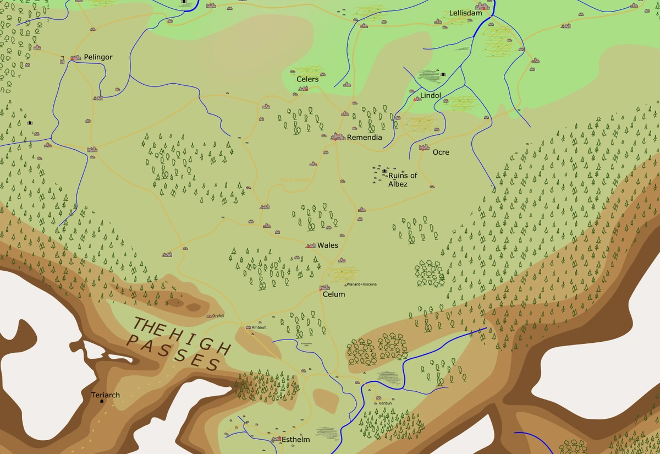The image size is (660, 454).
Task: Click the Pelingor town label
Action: tap(98, 57)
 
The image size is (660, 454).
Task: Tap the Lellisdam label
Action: tap(465, 13)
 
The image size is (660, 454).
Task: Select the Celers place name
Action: tap(307, 79)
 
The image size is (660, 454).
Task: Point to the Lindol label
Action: tap(431, 96)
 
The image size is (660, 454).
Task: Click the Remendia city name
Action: tap(364, 138)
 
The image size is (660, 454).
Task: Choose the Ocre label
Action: tap(441, 152)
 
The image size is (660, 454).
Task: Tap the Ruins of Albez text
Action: tap(403, 180)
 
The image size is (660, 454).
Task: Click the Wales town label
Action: tap(328, 245)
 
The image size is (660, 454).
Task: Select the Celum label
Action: tap(334, 294)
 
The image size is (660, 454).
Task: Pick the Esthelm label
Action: tap(295, 440)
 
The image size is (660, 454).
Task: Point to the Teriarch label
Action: tap(105, 395)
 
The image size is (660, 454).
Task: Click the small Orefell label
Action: tap(218, 316)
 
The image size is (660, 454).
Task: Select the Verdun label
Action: tap(385, 403)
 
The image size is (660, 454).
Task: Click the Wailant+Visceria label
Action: tap(362, 284)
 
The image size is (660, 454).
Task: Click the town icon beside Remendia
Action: tap(338, 136)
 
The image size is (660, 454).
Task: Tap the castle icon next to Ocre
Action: tap(424, 147)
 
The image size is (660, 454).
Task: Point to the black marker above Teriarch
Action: tap(102, 401)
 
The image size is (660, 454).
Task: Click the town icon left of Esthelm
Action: tap(277, 439)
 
